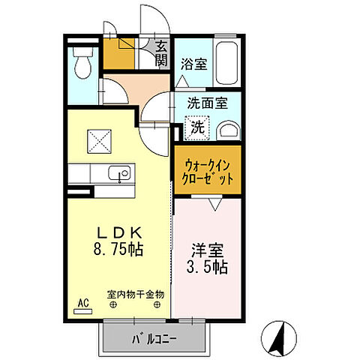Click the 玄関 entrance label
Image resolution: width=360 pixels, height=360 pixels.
point(161,54)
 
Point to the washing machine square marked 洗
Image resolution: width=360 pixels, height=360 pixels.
point(196,127)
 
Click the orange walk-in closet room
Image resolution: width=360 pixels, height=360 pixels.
point(208,171)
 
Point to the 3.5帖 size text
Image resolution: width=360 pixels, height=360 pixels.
point(208,267)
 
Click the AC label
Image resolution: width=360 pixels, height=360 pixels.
point(82,303)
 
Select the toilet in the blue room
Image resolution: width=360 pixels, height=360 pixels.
point(82,63)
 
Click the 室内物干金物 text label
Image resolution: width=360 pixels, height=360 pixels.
point(135,294)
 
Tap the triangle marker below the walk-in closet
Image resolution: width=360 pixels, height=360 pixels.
point(215,203)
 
